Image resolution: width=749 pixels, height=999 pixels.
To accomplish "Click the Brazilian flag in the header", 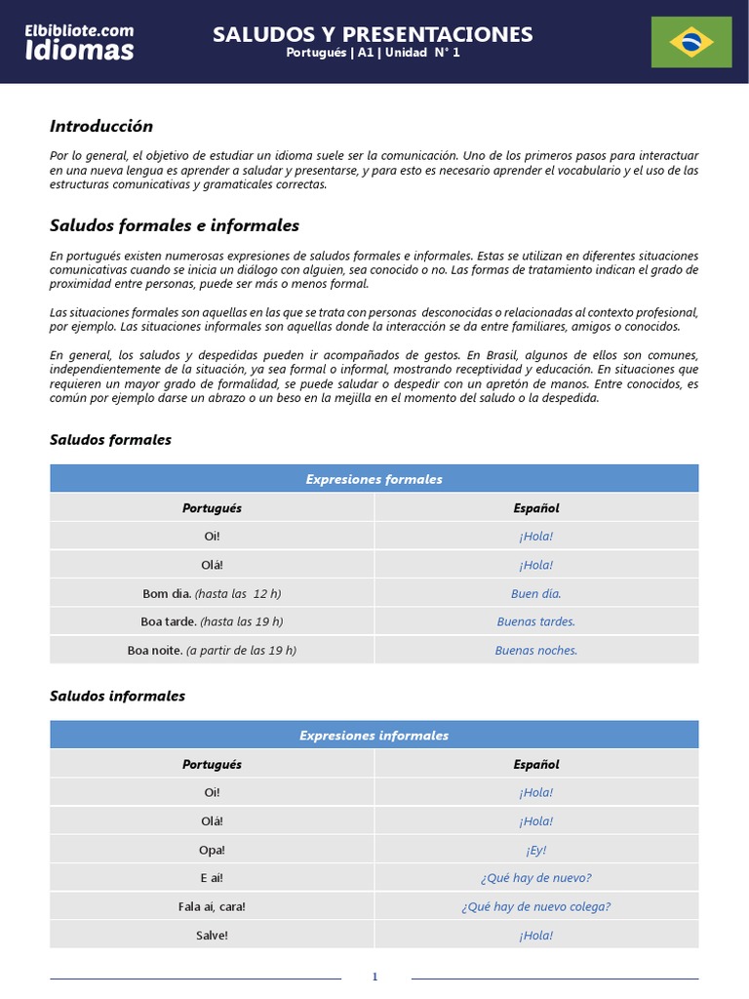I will [691, 42].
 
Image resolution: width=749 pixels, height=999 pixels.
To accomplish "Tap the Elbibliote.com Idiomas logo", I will [80, 42].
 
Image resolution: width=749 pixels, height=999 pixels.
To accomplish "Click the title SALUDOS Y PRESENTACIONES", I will [373, 35].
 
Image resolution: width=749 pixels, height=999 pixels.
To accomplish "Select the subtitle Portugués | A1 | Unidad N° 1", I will [373, 54].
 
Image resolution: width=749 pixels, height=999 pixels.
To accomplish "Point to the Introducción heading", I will [101, 126].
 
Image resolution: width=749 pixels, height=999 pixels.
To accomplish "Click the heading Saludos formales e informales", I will [174, 225].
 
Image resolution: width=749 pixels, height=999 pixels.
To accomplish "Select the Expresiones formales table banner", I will [374, 479].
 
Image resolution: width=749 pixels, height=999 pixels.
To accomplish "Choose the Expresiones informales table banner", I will [374, 736].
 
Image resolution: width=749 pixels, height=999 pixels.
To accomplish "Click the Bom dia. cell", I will [212, 593].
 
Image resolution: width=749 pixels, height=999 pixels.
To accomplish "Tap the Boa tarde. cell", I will [212, 621].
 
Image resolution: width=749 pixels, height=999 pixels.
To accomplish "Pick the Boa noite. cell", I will [212, 650].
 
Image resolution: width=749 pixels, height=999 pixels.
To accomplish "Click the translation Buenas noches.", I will [536, 650].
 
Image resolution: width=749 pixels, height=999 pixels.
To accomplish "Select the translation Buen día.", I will [536, 593].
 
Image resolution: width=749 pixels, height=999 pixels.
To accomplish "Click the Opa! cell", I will [212, 850].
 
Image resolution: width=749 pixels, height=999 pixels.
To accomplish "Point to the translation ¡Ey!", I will [536, 850].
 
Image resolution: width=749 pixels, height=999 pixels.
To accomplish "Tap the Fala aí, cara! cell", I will [212, 906].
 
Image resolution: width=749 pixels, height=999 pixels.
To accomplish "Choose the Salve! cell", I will [212, 935].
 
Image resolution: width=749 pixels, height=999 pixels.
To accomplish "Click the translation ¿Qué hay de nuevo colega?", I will [536, 906].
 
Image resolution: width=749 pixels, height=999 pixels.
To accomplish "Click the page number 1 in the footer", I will [374, 978].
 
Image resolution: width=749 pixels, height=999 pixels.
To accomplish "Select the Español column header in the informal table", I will [536, 764].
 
